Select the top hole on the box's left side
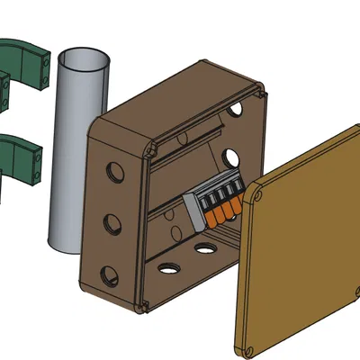pyautogui.click(x=112, y=169)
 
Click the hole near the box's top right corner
pyautogui.click(x=235, y=109)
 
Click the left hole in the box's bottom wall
pyautogui.click(x=167, y=266)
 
